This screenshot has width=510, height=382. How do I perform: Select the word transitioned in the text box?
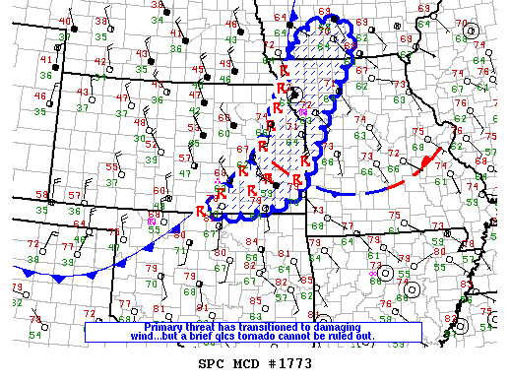(x=265, y=327)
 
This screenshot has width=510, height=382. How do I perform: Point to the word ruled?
(x=369, y=337)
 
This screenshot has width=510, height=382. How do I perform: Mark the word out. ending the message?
(x=394, y=337)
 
